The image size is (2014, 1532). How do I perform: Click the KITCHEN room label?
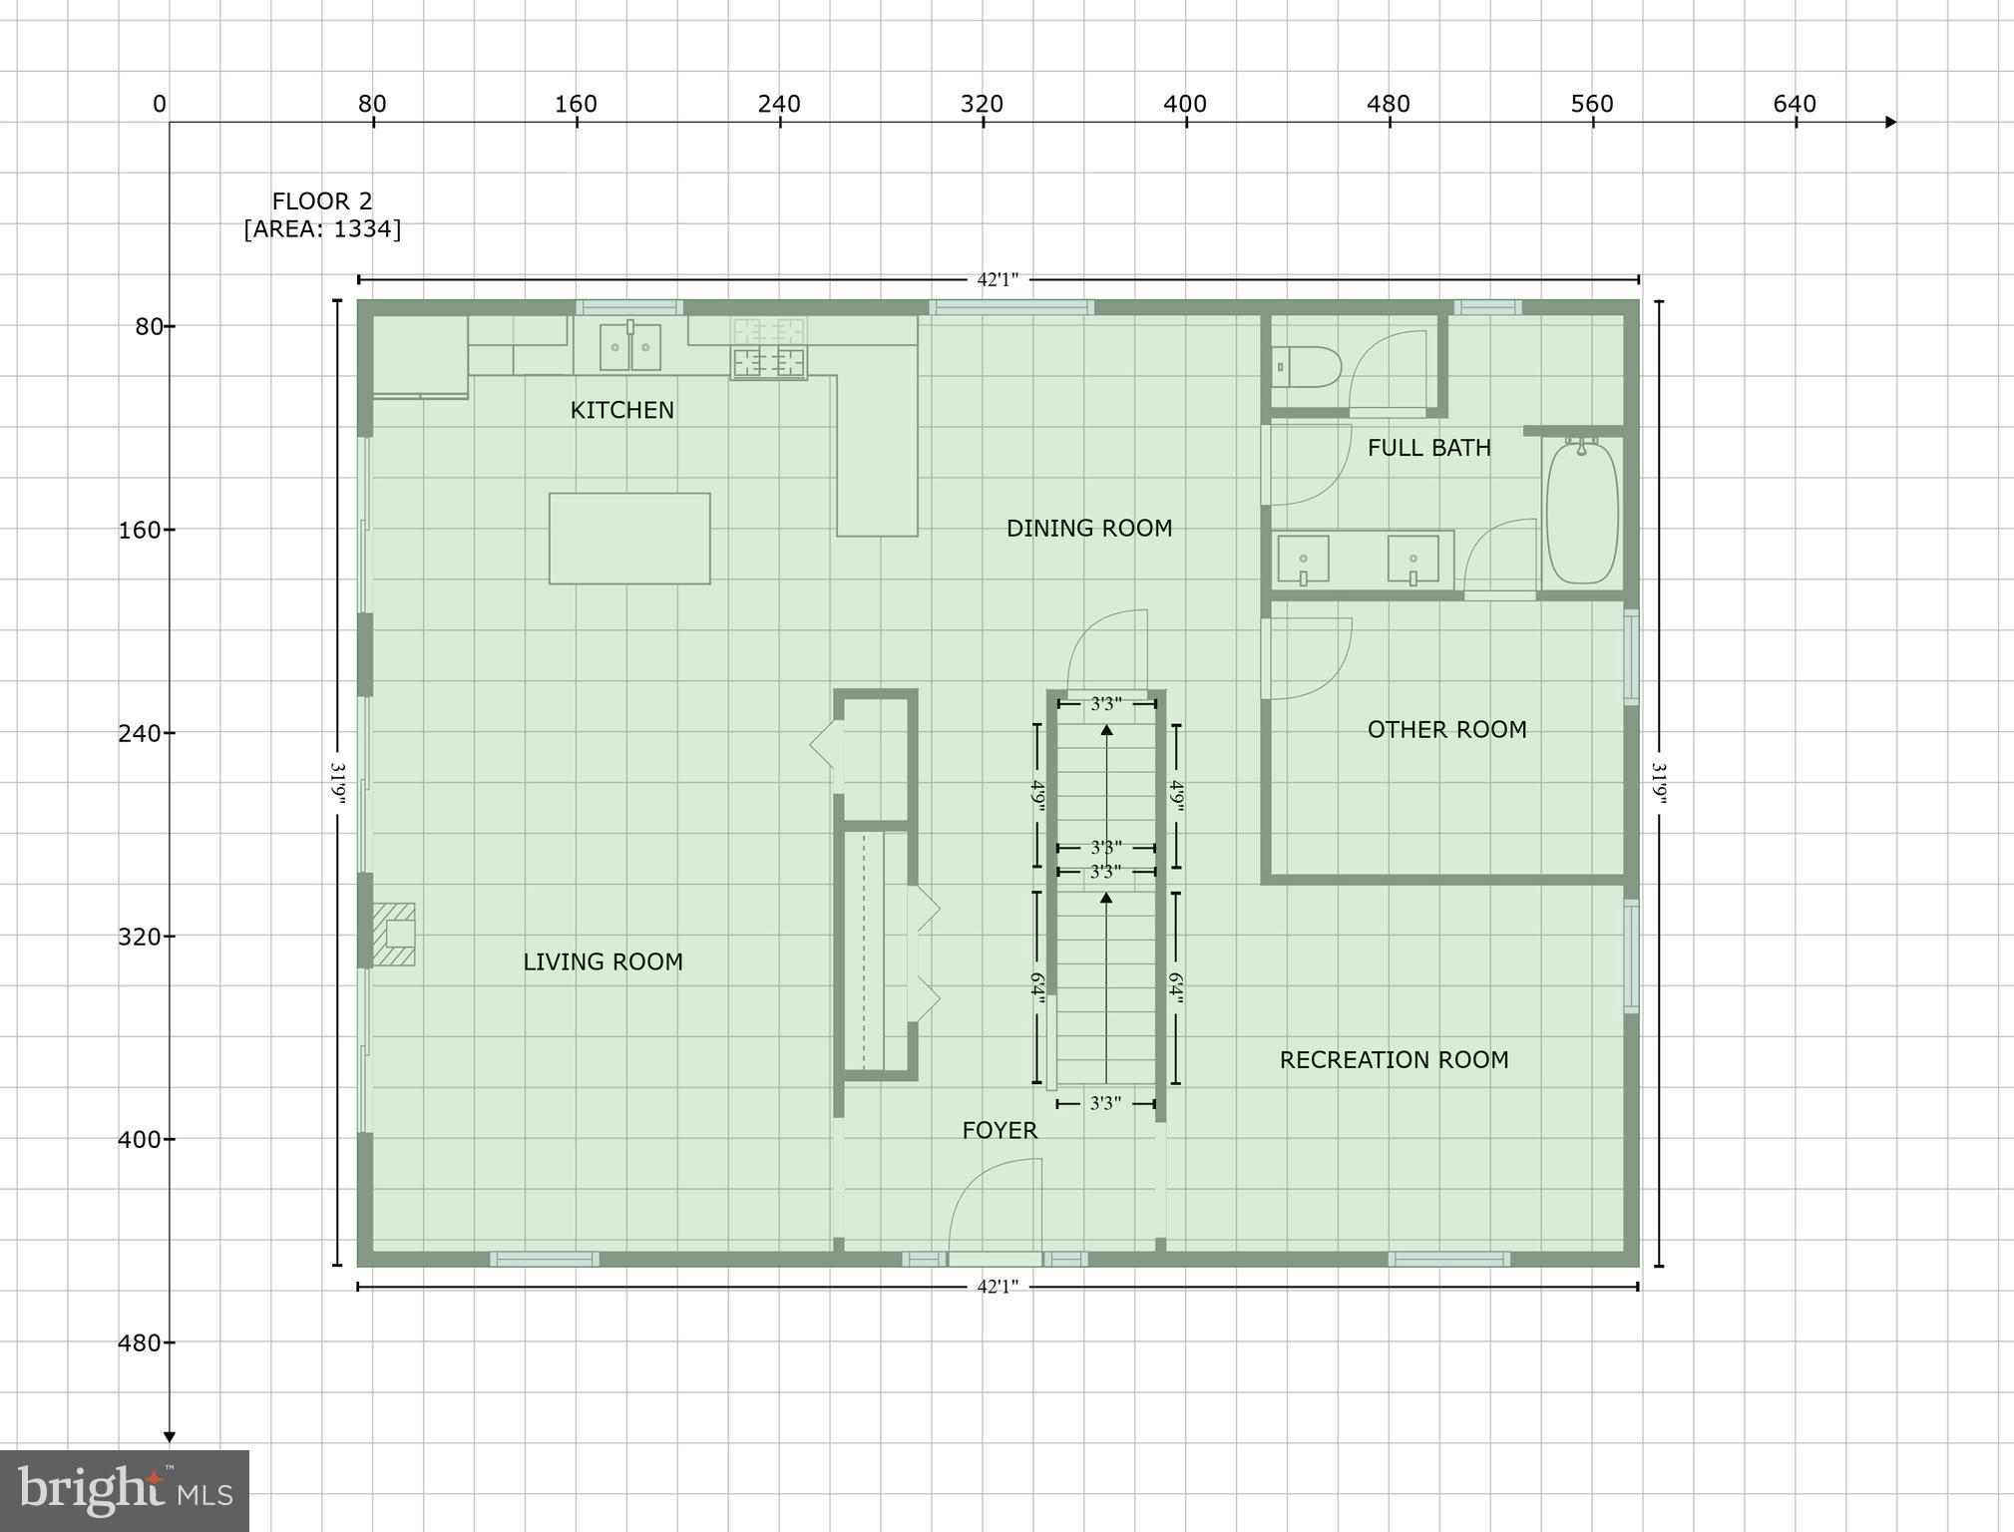621,410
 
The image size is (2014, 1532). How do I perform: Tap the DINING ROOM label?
1088,528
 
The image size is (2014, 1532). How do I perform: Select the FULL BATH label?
1428,448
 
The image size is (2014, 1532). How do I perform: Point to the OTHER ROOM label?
1446,729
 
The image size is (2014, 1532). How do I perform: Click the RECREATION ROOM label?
1394,1059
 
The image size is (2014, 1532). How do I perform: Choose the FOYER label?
1000,1130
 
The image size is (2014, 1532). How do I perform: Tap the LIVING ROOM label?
603,961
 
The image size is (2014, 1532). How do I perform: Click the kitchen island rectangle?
629,538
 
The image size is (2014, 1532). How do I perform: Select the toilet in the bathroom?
1307,367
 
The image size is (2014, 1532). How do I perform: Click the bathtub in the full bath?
1581,512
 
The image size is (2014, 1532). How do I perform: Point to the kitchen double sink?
629,346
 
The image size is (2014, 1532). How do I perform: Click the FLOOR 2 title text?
322,201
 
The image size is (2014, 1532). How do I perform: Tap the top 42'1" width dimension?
998,280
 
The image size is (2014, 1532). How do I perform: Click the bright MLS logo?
125,1490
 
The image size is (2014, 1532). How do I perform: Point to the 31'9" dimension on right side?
1659,783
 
